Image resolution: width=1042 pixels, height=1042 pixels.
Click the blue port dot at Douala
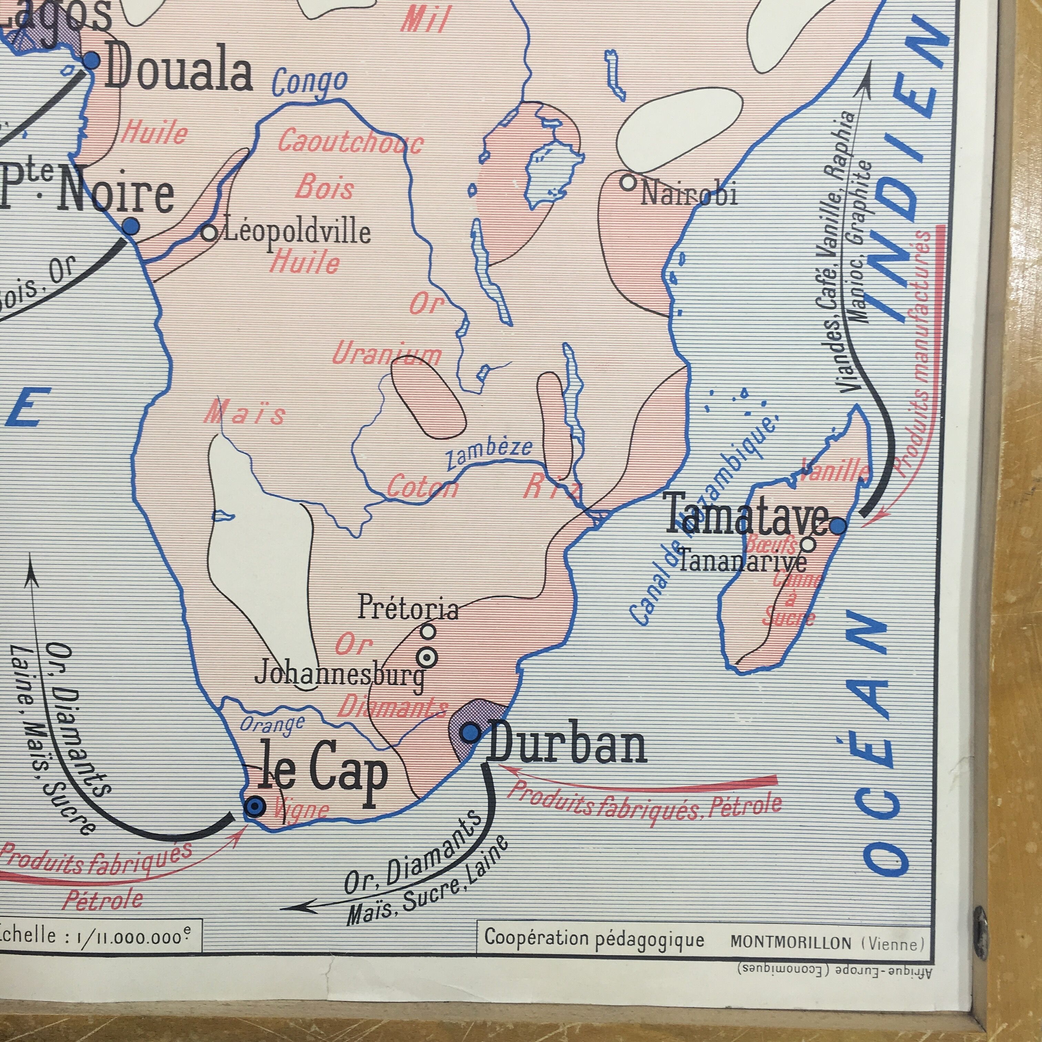(x=91, y=60)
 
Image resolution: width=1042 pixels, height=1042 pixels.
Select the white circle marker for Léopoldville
(x=209, y=233)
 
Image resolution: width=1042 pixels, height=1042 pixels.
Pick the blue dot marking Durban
(x=471, y=732)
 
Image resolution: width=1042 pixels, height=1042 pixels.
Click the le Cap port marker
(x=254, y=807)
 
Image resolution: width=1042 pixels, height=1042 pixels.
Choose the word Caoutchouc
(x=350, y=142)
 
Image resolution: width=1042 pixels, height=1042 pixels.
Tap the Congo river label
(x=309, y=82)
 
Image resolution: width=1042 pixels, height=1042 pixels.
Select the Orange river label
(x=272, y=724)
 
